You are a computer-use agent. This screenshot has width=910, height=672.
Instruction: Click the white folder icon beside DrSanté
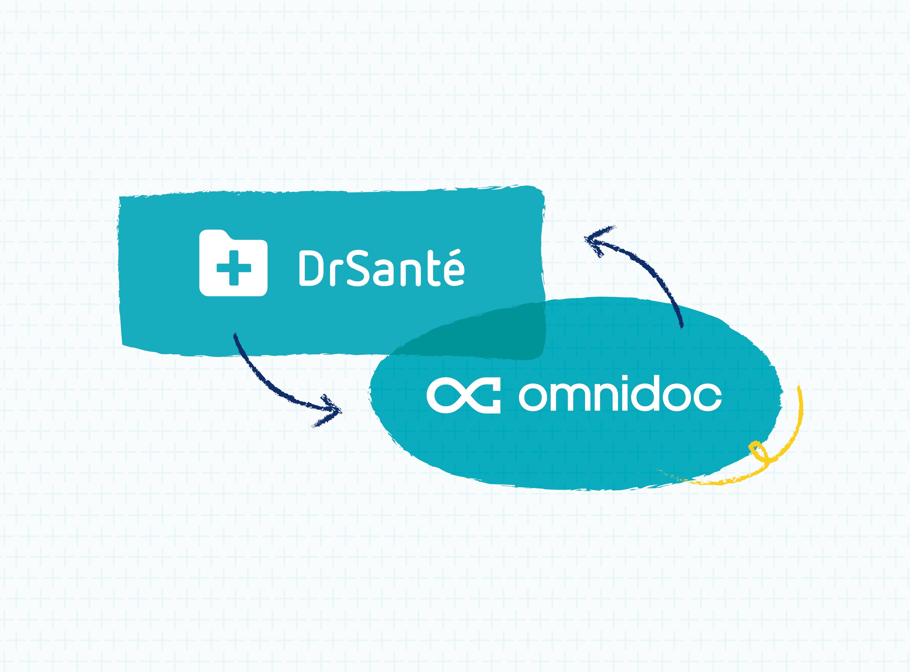click(233, 262)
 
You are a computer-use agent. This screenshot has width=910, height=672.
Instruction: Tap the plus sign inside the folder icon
click(234, 268)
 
